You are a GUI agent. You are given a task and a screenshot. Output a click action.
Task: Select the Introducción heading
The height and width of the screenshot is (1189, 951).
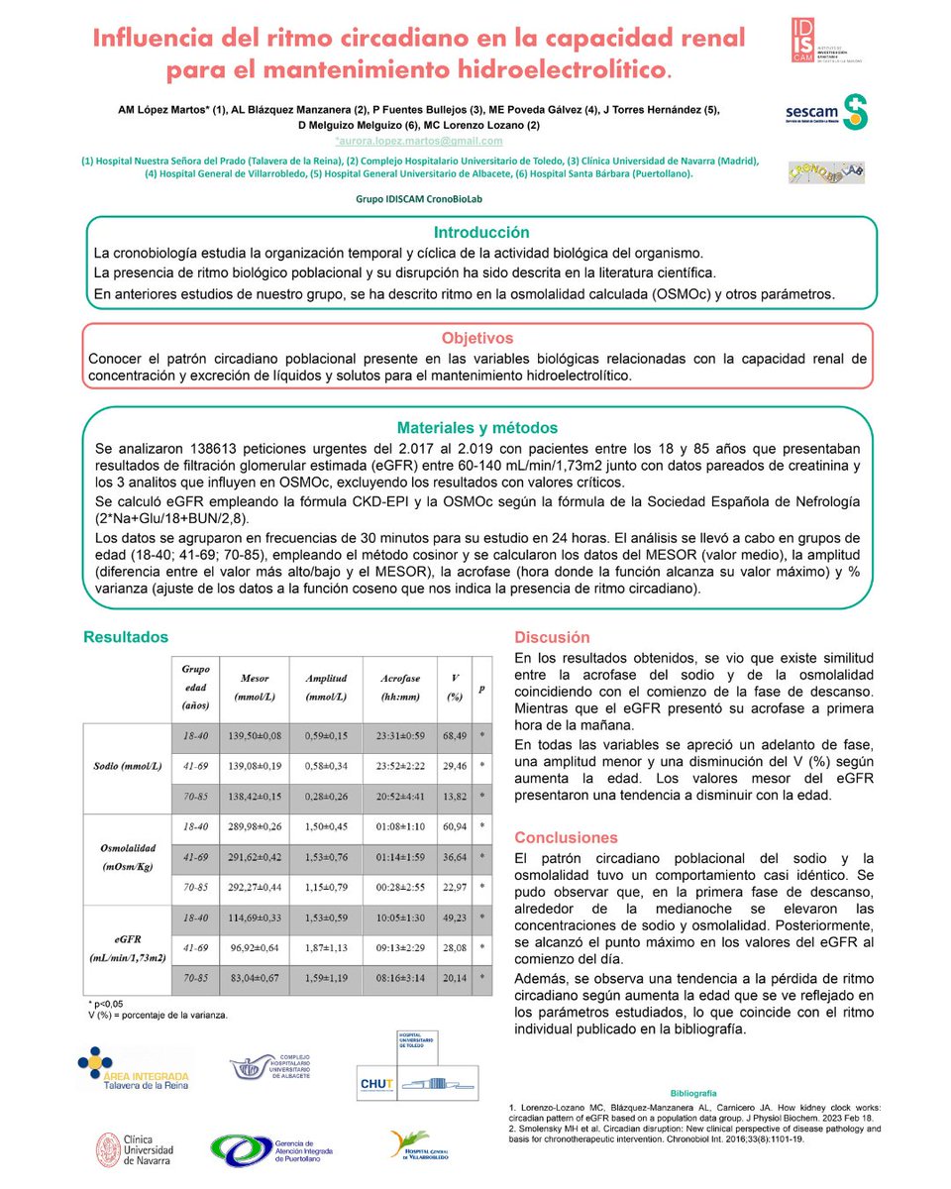(x=481, y=232)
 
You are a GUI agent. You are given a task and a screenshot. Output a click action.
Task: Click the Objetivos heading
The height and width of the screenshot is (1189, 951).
(x=478, y=338)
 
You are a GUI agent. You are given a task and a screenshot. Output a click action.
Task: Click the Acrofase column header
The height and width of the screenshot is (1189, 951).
(x=399, y=688)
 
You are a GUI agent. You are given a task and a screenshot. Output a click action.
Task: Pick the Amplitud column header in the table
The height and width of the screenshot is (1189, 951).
(x=326, y=688)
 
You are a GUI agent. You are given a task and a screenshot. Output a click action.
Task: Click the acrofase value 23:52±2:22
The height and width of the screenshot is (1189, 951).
(x=399, y=765)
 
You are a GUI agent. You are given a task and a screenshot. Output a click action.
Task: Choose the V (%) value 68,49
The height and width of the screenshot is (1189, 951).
(x=455, y=735)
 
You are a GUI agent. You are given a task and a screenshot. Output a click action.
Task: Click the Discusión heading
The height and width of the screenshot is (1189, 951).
(x=552, y=638)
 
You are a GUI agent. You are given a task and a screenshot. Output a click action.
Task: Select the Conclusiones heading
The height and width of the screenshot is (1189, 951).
(x=566, y=837)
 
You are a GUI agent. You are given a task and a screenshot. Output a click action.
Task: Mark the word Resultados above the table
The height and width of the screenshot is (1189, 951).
(x=125, y=637)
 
